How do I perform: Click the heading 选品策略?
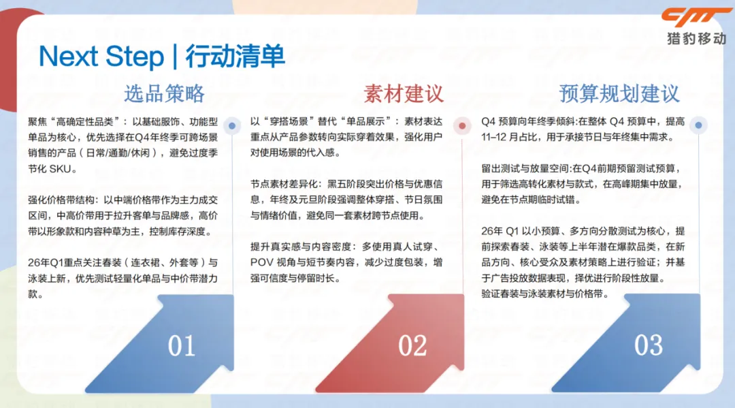click(164, 94)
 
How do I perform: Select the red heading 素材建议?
click(404, 94)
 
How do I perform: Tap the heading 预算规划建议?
click(619, 94)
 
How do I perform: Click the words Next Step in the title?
click(101, 57)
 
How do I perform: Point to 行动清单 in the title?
click(235, 57)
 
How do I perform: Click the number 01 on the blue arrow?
click(182, 346)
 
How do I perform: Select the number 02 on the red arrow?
click(412, 346)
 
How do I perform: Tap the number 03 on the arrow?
click(649, 345)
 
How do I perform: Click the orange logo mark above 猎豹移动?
click(695, 18)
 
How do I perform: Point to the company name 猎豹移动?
click(697, 39)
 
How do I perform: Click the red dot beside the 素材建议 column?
click(462, 126)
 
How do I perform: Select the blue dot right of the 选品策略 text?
click(232, 126)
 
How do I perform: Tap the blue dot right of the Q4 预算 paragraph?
click(698, 125)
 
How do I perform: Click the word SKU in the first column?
click(61, 169)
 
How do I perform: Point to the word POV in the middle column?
click(260, 262)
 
